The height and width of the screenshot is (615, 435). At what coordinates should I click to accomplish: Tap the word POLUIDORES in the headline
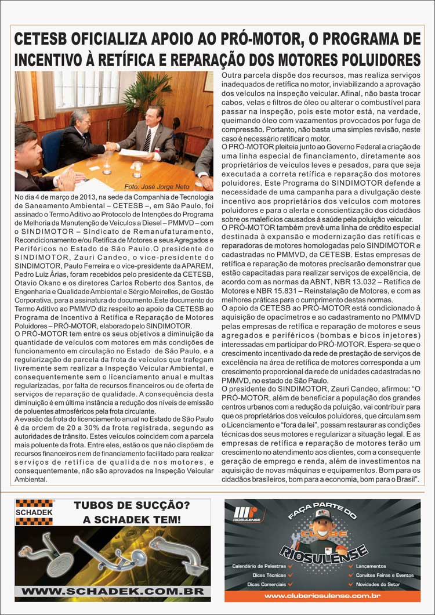pos(372,60)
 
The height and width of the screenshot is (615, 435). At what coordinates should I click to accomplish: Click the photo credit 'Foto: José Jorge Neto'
pos(157,186)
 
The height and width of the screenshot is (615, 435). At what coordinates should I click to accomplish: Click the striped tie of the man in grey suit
pos(147,140)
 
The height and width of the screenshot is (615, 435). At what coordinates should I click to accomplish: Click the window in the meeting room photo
pos(87,90)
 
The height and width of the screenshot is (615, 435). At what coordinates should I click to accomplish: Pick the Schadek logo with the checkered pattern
pos(34,512)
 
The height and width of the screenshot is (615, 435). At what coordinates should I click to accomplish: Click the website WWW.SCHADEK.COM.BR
pos(113,591)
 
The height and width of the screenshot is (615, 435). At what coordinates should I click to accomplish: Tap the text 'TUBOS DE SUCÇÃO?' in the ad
pos(132,506)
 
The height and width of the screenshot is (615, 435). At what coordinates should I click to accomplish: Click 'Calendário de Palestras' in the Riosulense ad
pos(259,566)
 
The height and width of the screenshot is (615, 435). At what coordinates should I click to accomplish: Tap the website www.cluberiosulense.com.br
pos(322,595)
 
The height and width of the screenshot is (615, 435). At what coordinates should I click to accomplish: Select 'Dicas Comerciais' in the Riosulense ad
pos(266,584)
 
